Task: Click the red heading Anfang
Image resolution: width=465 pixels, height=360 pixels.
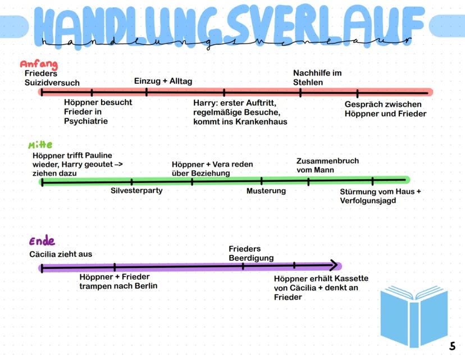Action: point(39,65)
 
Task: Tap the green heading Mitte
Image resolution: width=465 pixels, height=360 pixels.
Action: point(40,145)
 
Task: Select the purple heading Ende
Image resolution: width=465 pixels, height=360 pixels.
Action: point(42,242)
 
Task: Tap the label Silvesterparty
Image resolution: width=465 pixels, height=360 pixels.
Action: point(136,190)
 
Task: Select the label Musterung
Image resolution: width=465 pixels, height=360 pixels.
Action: point(266,191)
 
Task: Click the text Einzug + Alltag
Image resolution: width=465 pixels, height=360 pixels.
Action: point(163,81)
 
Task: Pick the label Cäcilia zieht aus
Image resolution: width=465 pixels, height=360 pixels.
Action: point(61,254)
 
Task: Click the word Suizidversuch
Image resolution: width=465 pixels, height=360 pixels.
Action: point(52,83)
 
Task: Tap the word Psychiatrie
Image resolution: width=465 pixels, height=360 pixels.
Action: point(86,121)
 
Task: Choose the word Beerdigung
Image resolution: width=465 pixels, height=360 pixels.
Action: point(251,258)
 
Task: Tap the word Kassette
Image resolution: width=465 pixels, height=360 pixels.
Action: point(350,279)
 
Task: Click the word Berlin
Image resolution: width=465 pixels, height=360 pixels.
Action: point(145,286)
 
